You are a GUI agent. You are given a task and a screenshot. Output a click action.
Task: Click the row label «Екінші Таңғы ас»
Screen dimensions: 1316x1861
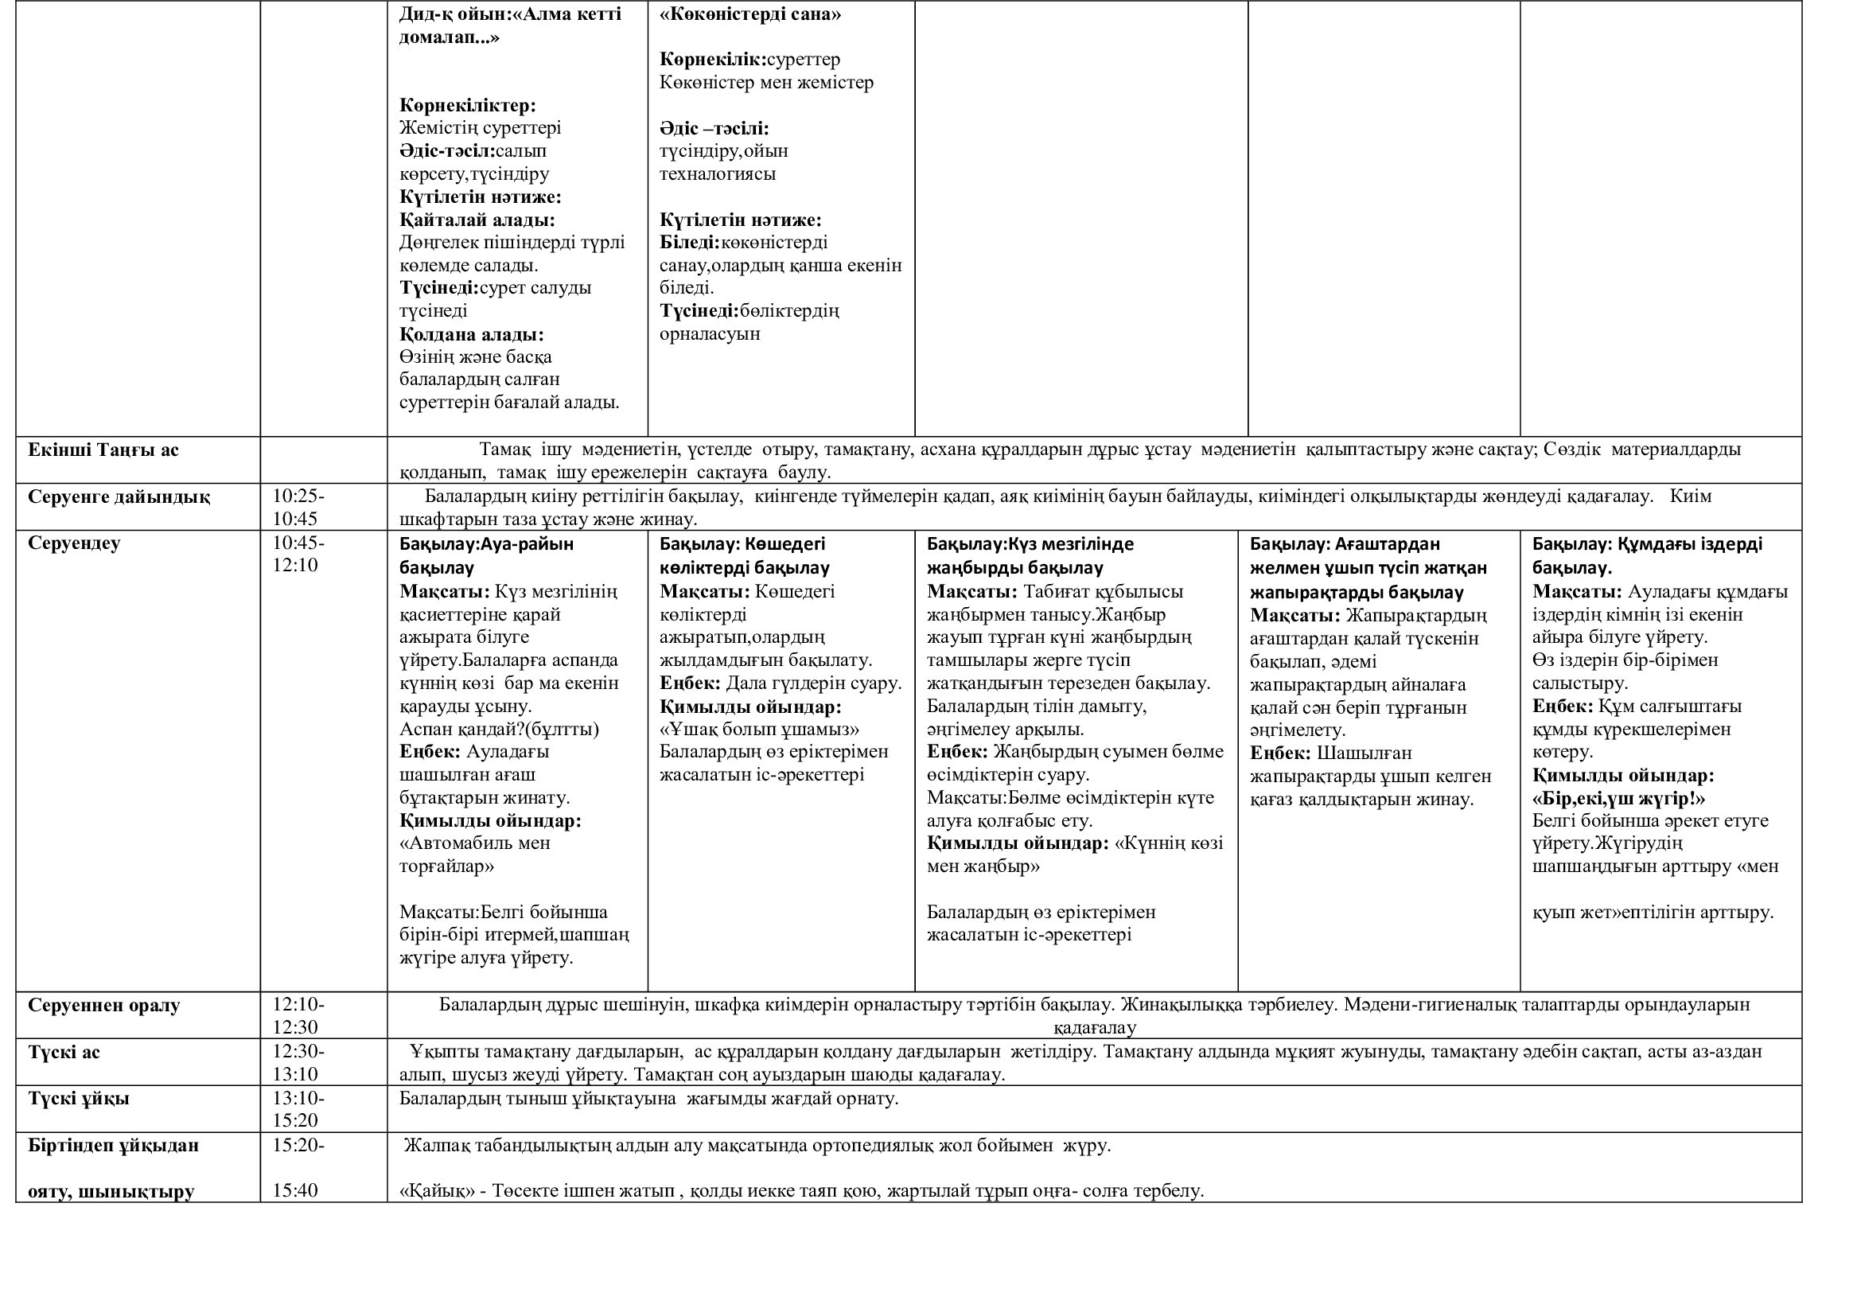(103, 450)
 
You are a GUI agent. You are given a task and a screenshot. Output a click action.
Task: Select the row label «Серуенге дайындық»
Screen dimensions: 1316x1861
(119, 497)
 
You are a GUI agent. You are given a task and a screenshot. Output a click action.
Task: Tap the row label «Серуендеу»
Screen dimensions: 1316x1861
(74, 543)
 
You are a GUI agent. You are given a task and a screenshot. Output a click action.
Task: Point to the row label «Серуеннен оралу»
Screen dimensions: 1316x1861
(103, 1006)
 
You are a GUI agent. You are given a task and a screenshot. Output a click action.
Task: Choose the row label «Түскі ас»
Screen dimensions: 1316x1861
(64, 1053)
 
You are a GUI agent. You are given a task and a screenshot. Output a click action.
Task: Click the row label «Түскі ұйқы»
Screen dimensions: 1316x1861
(79, 1100)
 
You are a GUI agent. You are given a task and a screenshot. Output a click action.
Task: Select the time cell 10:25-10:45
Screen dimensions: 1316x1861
(298, 508)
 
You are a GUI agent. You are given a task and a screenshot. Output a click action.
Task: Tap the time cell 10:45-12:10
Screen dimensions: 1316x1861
(298, 555)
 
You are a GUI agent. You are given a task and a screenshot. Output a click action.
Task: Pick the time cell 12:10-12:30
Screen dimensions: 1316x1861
(298, 1016)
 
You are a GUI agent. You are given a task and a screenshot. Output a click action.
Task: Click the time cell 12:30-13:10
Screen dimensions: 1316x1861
(298, 1063)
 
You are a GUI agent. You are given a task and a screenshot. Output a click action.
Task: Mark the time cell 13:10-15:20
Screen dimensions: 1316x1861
(298, 1110)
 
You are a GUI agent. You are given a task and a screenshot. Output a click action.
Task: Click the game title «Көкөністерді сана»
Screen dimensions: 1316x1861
(749, 14)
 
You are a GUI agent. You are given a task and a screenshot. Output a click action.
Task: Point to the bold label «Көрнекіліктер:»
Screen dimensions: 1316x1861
(467, 105)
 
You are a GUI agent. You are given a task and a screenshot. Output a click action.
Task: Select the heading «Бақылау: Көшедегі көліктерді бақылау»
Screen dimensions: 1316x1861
(743, 556)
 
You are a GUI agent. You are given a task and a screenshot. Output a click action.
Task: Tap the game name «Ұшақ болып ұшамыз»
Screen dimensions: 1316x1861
(759, 730)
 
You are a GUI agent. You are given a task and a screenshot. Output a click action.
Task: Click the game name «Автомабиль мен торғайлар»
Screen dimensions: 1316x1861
(474, 855)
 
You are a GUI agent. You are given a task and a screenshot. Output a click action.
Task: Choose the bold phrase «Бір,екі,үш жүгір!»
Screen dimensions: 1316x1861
(1618, 799)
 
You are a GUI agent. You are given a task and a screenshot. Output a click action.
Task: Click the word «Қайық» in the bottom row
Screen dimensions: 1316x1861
(437, 1191)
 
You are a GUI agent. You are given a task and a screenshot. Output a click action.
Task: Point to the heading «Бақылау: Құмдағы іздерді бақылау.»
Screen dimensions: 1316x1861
(1646, 555)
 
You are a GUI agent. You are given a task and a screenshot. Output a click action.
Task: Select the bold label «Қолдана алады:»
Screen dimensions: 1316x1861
(471, 335)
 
